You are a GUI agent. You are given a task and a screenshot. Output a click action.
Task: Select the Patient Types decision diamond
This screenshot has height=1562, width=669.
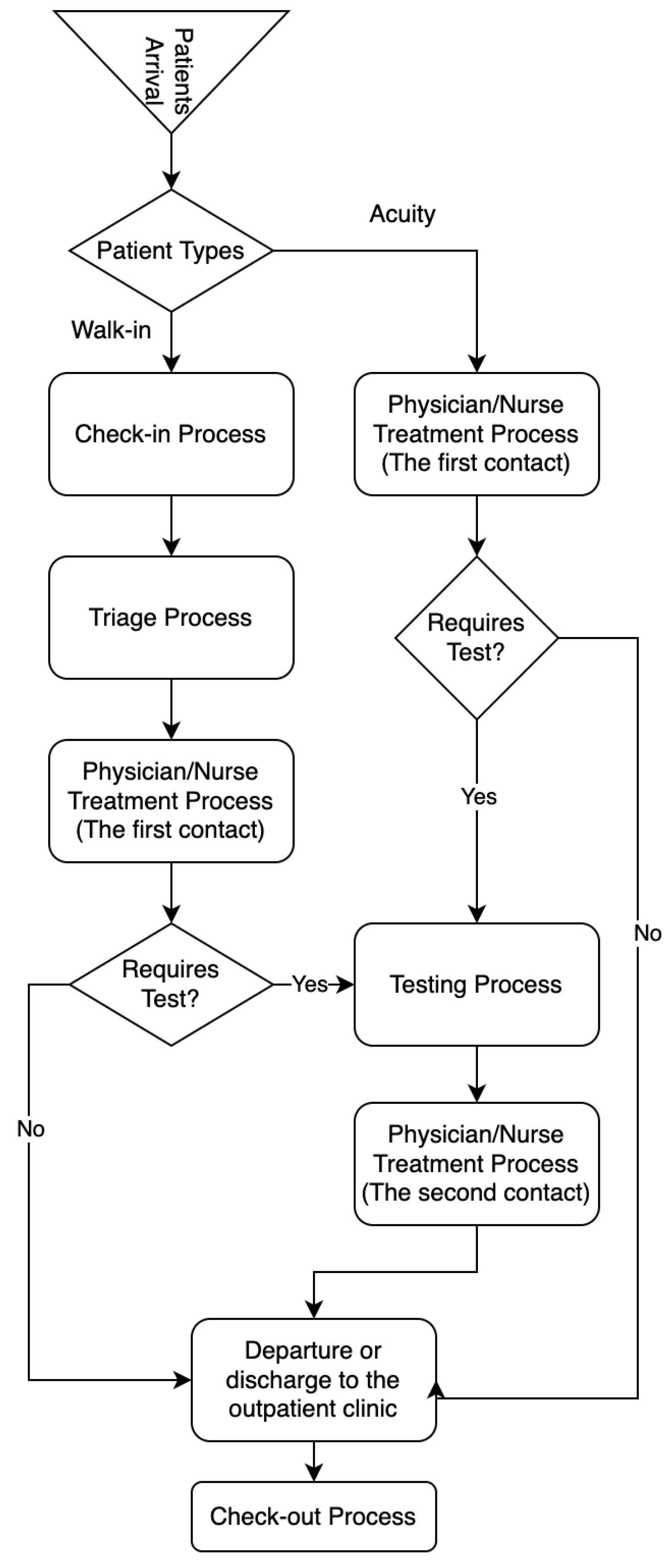point(171,250)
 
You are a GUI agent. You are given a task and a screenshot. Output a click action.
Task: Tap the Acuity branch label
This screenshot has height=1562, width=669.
point(402,214)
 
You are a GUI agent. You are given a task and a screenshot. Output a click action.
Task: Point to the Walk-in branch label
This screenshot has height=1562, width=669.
point(111,330)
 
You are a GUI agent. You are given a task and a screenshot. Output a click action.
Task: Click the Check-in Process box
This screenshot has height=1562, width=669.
point(171,434)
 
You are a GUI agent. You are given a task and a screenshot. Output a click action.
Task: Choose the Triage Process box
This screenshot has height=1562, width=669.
point(171,617)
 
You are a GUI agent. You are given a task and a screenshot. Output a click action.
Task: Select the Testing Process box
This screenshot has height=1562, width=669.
point(476,985)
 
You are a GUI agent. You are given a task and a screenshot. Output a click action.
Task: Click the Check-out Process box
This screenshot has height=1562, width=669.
point(313,1516)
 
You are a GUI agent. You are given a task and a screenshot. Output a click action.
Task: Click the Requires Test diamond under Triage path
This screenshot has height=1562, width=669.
point(171,984)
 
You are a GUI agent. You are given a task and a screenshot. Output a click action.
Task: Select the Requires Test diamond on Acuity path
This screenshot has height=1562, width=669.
point(476,637)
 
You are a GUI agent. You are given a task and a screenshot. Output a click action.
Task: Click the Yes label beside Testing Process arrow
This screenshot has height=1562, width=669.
point(310,984)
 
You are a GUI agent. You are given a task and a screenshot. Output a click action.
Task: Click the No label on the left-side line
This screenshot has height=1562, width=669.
point(30,1129)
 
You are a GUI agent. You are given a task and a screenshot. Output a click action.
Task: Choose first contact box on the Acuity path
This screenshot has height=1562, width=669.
point(476,434)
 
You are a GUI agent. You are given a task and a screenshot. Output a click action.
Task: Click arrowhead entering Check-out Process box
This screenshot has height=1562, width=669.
point(313,1473)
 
